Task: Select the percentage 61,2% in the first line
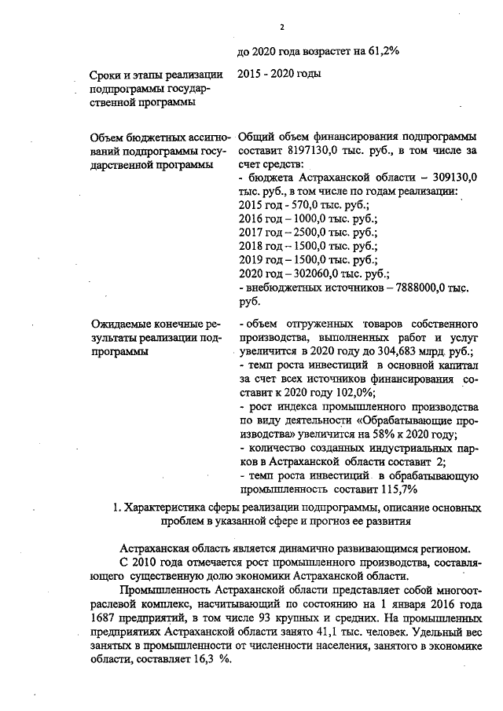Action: pos(382,52)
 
